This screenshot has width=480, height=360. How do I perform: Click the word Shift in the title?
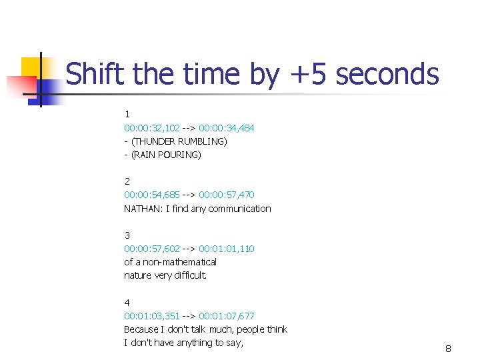click(95, 74)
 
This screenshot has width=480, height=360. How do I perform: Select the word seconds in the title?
click(387, 74)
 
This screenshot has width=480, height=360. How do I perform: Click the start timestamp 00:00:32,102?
click(152, 127)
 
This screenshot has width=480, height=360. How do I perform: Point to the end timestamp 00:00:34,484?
click(226, 127)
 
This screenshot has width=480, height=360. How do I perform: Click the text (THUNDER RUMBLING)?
click(179, 141)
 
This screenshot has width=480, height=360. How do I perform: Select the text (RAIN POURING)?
click(166, 155)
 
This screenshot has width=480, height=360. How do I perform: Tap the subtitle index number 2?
click(127, 181)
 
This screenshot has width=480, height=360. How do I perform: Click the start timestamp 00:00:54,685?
click(152, 195)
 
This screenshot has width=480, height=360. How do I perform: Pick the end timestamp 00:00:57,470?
click(226, 195)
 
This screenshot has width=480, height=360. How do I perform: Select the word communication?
click(241, 209)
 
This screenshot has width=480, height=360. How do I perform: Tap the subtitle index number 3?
click(127, 235)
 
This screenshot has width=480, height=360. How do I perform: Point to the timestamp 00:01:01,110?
click(226, 249)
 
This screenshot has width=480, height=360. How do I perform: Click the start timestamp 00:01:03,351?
click(152, 316)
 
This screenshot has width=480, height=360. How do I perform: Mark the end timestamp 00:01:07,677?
click(226, 316)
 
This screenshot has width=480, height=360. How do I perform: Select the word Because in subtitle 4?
click(139, 329)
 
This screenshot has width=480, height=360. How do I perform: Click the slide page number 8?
click(448, 349)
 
